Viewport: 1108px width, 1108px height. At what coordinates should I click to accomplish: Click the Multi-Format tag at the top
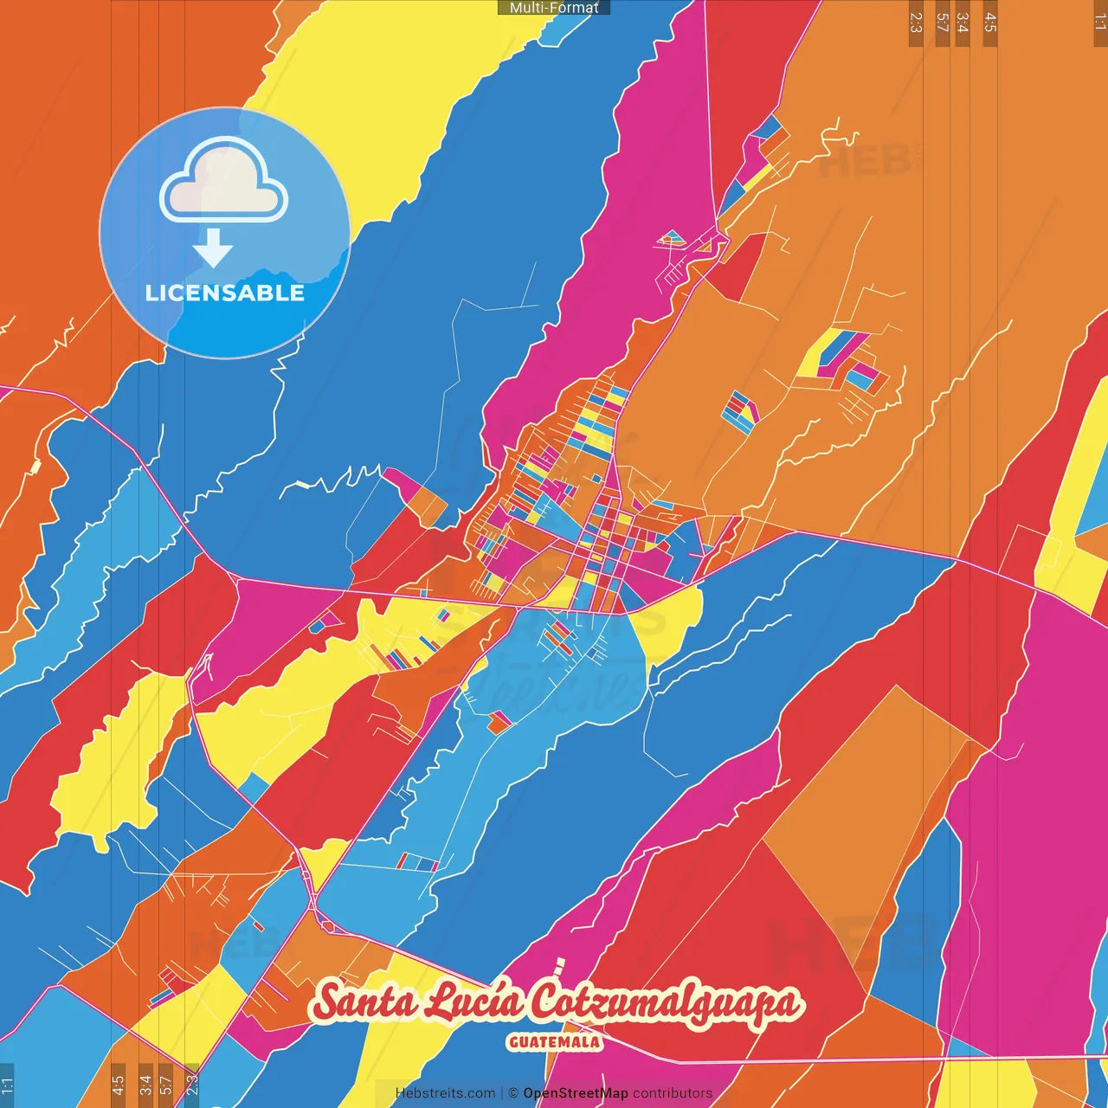click(554, 8)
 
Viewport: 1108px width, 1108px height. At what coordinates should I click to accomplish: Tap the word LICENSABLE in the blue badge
click(224, 293)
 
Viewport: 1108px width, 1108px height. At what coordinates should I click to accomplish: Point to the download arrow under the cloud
click(213, 248)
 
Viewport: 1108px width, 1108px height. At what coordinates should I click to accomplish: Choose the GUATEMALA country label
click(554, 1042)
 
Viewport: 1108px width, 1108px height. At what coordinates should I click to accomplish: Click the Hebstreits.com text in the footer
click(445, 1093)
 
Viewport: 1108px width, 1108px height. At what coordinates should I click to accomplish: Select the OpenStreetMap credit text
click(576, 1093)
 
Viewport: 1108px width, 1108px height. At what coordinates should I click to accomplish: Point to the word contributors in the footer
click(673, 1093)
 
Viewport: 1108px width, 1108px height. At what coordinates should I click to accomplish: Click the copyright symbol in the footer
click(513, 1093)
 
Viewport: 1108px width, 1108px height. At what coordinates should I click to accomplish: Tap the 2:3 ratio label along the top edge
click(916, 23)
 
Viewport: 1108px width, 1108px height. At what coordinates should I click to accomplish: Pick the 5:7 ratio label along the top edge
click(942, 23)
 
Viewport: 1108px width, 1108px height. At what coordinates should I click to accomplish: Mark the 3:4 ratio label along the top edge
click(963, 23)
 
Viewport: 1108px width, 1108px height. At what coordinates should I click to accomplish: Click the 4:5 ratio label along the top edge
click(990, 23)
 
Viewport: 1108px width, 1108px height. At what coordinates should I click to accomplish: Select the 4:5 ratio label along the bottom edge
click(118, 1085)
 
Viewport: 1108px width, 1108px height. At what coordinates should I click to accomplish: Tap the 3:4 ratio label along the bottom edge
click(145, 1085)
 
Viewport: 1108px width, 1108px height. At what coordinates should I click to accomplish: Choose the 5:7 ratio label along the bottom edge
click(166, 1085)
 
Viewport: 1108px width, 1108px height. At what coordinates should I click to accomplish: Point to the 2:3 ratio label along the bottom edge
click(192, 1085)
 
